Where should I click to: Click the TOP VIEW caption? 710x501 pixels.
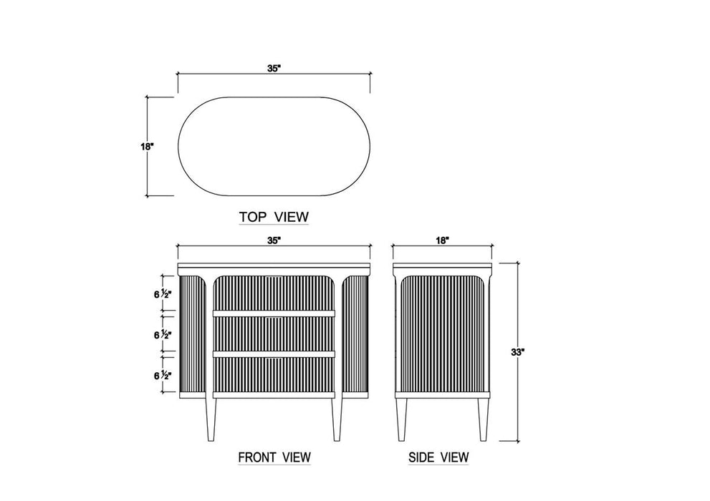click(x=274, y=217)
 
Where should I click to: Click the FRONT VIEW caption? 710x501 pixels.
click(x=274, y=457)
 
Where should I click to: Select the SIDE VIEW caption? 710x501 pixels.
click(x=438, y=457)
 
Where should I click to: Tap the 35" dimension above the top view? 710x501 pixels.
click(x=274, y=69)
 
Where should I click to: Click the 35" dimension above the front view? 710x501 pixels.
click(x=274, y=240)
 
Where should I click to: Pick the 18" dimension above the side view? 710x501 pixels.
click(x=442, y=240)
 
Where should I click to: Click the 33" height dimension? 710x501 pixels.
click(x=517, y=352)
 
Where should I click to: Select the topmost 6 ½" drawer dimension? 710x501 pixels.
click(x=163, y=294)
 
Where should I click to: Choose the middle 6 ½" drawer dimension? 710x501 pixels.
click(x=163, y=335)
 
